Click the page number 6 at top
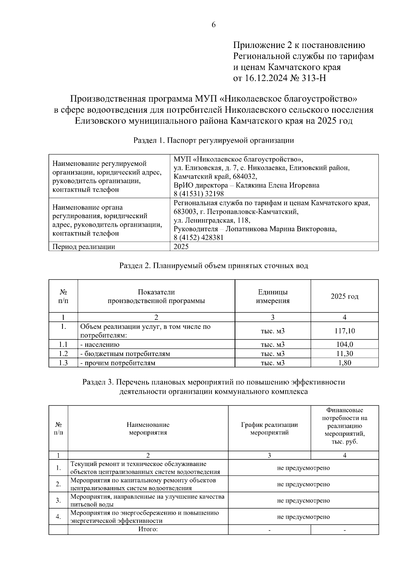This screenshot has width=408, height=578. coord(214,25)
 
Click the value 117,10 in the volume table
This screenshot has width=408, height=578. coord(344,331)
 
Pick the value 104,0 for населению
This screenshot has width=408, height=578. coord(344,344)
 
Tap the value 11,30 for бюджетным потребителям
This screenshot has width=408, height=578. coord(344,354)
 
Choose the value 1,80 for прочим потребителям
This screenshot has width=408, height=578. coord(344,363)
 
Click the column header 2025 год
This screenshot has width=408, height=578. coord(344,296)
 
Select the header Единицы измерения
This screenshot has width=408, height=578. coord(273,296)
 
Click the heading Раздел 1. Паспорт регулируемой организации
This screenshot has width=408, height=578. coord(214,141)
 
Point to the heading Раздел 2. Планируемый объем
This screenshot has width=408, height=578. coord(214,266)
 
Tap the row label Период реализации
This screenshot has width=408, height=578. coord(84,247)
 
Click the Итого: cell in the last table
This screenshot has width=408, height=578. coord(148,529)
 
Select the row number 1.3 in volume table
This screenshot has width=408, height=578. coord(63,363)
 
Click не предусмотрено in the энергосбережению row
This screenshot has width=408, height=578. coord(303,517)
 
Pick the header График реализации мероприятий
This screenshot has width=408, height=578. coord(269,429)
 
